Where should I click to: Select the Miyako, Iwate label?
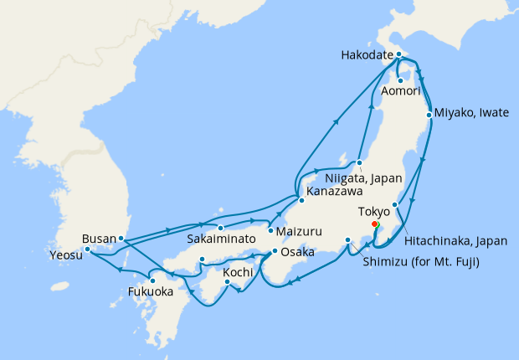tap(471, 113)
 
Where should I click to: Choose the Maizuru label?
tap(299, 229)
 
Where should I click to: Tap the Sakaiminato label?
tap(222, 239)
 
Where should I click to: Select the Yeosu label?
tap(66, 255)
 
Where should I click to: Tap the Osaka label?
tap(296, 251)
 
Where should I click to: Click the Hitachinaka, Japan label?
tap(455, 240)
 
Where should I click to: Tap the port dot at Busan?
tap(121, 239)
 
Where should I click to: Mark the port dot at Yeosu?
tap(87, 249)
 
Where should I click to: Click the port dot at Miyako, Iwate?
tap(429, 114)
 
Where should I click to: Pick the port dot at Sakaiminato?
tap(219, 228)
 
